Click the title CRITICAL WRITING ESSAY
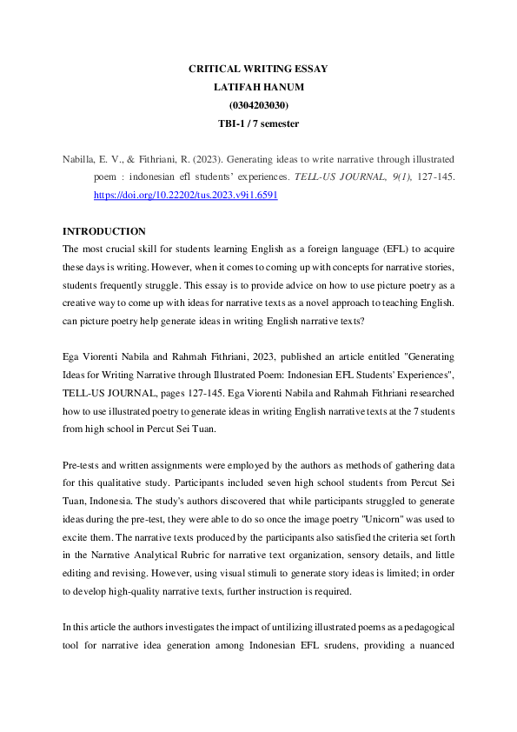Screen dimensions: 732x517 click(x=258, y=69)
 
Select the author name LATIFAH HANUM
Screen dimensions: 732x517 click(x=258, y=87)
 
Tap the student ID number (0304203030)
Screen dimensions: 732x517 click(x=258, y=105)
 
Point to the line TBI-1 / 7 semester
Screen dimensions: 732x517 click(x=258, y=123)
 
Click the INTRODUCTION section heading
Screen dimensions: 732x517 click(x=104, y=231)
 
